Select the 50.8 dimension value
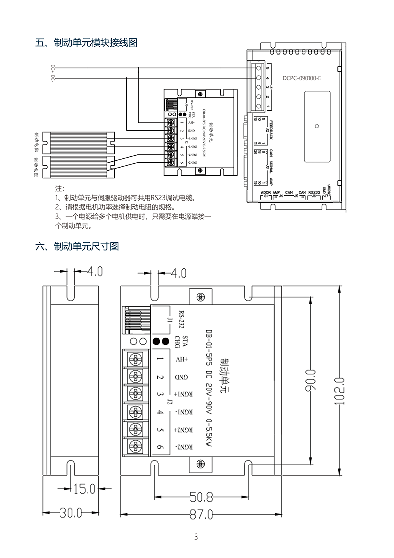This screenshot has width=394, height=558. point(201,497)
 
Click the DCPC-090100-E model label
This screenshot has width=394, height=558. point(302,78)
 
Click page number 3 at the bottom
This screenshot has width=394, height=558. point(196,537)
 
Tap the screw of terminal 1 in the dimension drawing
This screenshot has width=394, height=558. point(134,359)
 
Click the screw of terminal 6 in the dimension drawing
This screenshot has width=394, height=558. point(134,446)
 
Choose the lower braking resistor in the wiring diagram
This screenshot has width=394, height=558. point(79,167)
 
